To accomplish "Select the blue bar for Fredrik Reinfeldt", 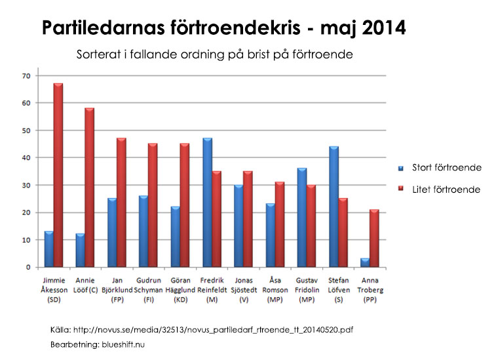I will (208, 203).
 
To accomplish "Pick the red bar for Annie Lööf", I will (89, 188).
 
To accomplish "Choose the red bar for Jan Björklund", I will (121, 203).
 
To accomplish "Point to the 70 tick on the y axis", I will (26, 76).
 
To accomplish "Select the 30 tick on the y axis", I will (26, 186).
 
